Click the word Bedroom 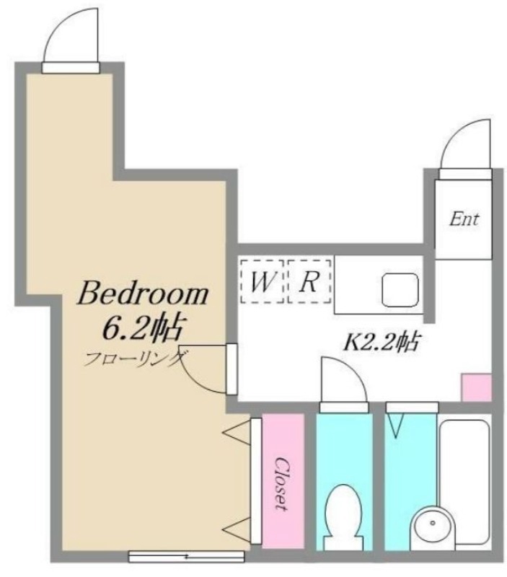pos(143,294)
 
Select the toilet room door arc pos(342,379)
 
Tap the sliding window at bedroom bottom pos(186,556)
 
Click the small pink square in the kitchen pos(474,388)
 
